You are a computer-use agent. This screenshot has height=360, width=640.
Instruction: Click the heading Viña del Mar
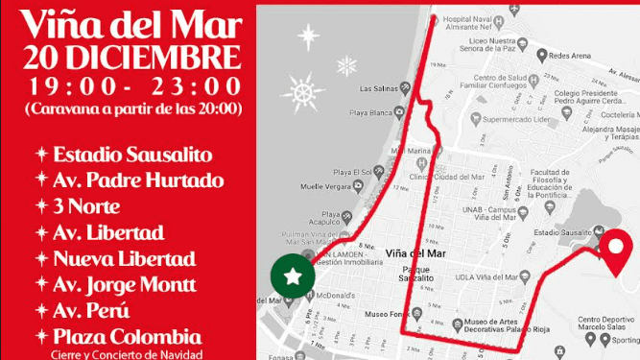tap(130, 20)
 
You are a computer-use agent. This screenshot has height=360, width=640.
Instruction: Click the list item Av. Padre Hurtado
tap(138, 180)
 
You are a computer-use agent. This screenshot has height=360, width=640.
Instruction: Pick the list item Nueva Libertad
tap(125, 259)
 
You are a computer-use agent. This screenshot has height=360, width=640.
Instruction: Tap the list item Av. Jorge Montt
tap(125, 285)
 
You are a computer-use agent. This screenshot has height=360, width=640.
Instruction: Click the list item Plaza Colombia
tap(127, 337)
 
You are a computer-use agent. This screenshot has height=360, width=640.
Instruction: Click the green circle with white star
tap(294, 276)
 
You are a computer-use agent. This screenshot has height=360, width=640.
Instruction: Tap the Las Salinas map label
tap(376, 89)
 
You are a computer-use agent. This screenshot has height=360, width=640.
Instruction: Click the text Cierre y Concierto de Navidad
tap(130, 354)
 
